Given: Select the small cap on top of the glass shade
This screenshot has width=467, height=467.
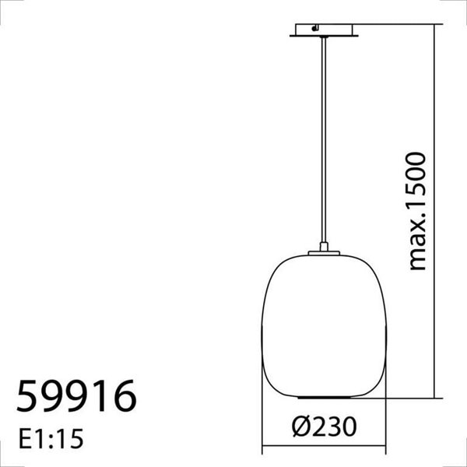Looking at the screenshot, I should (x=324, y=251).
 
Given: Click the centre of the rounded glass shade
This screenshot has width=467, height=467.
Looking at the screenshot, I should (x=324, y=327).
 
